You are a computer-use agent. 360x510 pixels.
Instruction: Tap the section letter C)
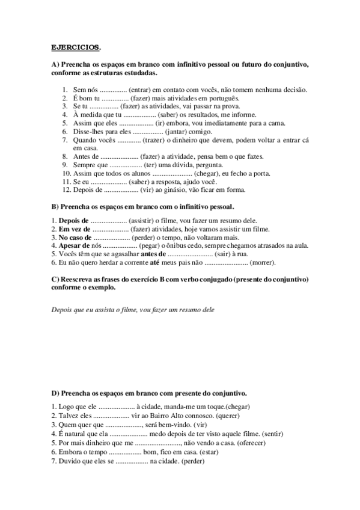click(x=55, y=280)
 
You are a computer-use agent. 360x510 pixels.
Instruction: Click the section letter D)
click(x=55, y=393)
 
